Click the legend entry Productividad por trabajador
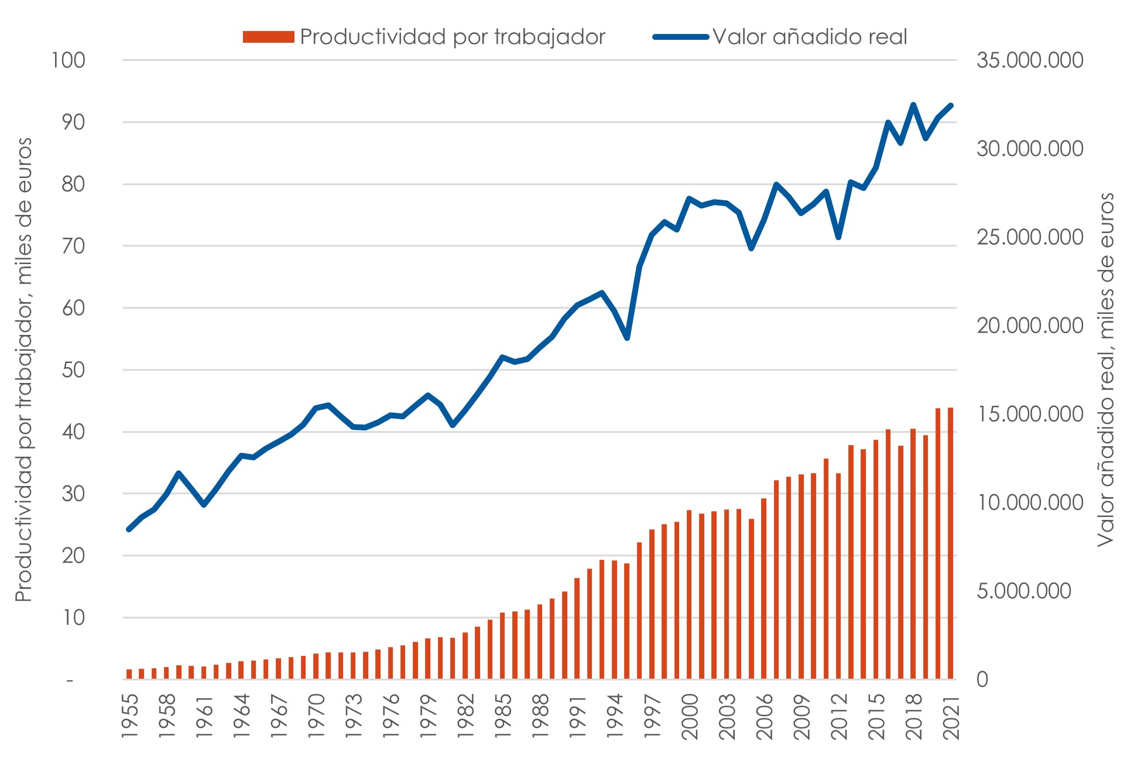[424, 37]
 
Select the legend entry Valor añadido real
[780, 37]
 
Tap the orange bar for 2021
[950, 543]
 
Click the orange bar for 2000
[689, 595]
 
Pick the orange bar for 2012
[838, 576]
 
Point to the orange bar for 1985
[502, 646]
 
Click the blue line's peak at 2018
[913, 105]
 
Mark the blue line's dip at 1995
[627, 338]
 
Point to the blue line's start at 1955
[129, 529]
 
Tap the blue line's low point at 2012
[838, 237]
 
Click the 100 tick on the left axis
[68, 60]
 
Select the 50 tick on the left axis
[74, 370]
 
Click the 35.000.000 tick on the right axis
[1030, 60]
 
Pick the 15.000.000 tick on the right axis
[1030, 414]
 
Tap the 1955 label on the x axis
[129, 717]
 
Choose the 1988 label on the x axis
[540, 717]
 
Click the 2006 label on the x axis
[764, 717]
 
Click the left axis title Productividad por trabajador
[23, 369]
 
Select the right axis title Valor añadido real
[1106, 369]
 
